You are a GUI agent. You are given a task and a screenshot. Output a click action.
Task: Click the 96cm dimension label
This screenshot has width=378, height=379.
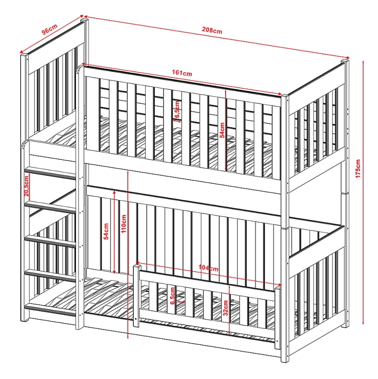(x=49, y=29)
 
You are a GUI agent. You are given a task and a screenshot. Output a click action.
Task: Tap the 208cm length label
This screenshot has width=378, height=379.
(x=212, y=30)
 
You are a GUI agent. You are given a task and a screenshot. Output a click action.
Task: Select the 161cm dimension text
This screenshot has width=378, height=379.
(x=182, y=73)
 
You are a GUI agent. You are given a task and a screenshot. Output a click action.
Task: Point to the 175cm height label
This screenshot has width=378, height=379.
(x=358, y=169)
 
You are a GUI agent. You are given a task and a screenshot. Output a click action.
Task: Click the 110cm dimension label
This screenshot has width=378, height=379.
(x=124, y=224)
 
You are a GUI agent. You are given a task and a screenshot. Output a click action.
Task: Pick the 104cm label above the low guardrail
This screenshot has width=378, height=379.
(x=208, y=268)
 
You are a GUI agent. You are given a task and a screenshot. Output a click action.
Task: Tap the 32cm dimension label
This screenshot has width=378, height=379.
(x=226, y=308)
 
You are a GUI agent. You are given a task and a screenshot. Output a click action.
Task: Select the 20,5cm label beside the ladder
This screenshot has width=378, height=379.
(x=26, y=186)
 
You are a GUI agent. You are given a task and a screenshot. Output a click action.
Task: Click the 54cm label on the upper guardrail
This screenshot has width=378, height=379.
(x=222, y=130)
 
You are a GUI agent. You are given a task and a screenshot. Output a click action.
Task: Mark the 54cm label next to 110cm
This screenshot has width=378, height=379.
(x=106, y=231)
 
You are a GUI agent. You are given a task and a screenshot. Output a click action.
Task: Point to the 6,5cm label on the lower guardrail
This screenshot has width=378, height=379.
(x=172, y=296)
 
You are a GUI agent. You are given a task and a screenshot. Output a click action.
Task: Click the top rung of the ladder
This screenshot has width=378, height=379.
(x=50, y=173)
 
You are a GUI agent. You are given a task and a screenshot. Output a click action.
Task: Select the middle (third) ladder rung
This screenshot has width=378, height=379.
(x=50, y=242)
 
